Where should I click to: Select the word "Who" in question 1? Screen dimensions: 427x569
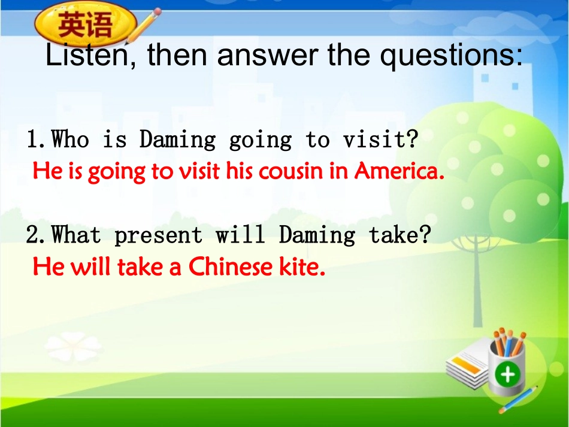coord(71,140)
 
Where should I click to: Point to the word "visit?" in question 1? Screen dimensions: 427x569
coord(380,140)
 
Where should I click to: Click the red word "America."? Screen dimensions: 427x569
coord(399,172)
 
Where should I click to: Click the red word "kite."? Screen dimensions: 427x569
coord(302,267)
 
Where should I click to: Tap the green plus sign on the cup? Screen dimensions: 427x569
coord(508,375)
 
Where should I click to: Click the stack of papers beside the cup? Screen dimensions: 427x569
coord(468,365)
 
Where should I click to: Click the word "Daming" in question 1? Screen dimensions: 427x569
coord(177,140)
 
